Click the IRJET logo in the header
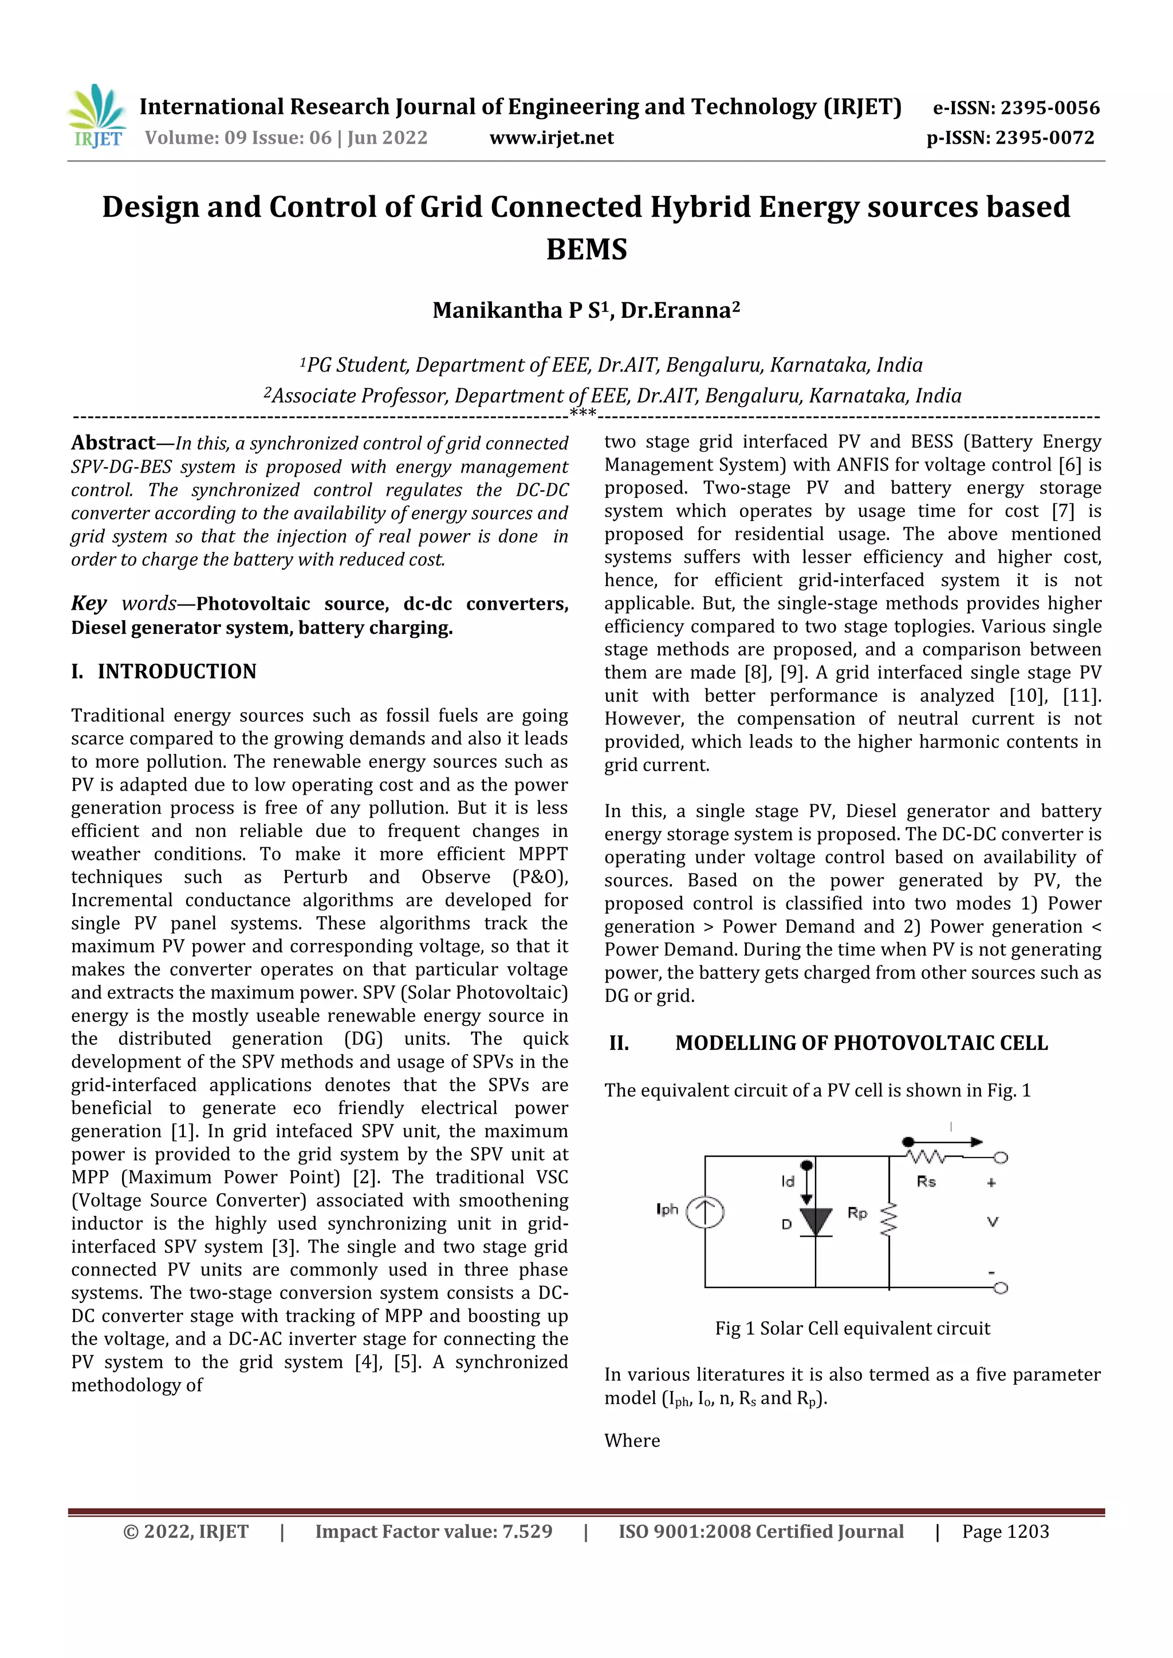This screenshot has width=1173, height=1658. coord(97,116)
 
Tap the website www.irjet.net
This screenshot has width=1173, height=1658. coord(551,138)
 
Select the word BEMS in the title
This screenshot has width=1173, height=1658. coord(586,250)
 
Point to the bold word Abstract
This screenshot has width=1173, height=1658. coord(113,443)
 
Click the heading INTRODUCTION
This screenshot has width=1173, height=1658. coord(177,672)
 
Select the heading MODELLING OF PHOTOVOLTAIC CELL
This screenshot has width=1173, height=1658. coord(861,1043)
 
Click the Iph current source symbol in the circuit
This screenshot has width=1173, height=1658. coord(704,1213)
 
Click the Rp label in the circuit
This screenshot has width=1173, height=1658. coord(857,1213)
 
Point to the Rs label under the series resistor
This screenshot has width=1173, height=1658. coord(926,1182)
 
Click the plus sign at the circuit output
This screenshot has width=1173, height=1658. coord(991,1183)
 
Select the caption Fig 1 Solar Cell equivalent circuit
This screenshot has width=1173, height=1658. coord(852,1329)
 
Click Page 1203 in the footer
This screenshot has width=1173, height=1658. coord(1005,1531)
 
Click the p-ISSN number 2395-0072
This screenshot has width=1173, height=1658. coord(1045,138)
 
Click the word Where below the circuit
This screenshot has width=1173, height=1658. coord(632,1440)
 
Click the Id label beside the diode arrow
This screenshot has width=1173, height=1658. coord(788,1182)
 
